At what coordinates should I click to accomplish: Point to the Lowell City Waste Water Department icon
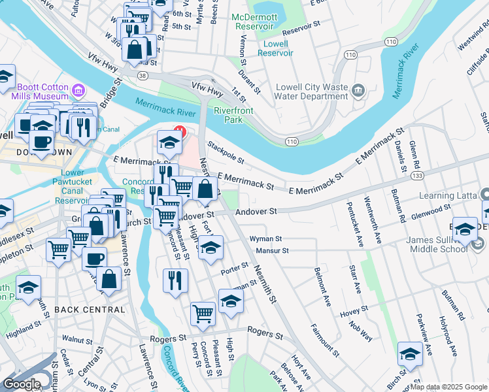[358, 90]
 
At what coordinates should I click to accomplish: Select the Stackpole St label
[226, 152]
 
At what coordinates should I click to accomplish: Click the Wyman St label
[265, 240]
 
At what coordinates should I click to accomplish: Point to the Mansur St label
[273, 250]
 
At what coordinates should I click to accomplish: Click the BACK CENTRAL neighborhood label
[90, 309]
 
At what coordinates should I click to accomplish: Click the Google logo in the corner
[22, 384]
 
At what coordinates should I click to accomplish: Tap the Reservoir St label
[302, 31]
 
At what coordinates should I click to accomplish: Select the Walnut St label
[76, 340]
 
